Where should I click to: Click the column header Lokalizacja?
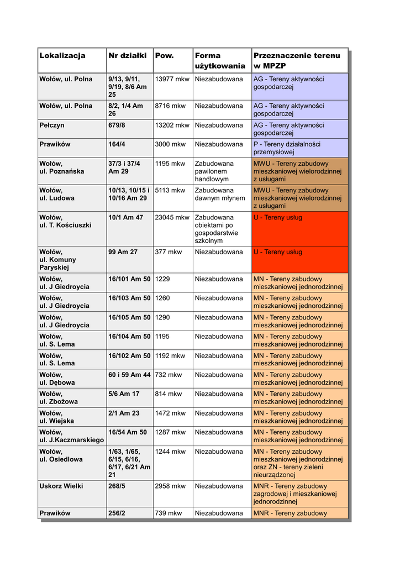click(x=62, y=55)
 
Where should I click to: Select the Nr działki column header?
click(x=128, y=55)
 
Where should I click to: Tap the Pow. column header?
click(x=165, y=55)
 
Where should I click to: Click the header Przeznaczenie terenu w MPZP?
click(x=297, y=60)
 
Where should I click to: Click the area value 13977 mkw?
click(x=172, y=79)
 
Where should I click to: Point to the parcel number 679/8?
click(x=117, y=125)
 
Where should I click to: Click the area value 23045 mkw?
click(x=172, y=217)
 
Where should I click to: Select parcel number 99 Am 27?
click(x=123, y=252)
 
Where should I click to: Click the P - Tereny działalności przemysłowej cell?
click(x=291, y=148)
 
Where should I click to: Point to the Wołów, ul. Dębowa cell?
click(x=57, y=379)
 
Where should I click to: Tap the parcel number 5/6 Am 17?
click(x=124, y=394)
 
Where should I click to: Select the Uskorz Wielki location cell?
click(x=61, y=486)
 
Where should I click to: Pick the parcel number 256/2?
click(x=117, y=513)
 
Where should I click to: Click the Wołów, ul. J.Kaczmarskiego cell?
click(x=72, y=436)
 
